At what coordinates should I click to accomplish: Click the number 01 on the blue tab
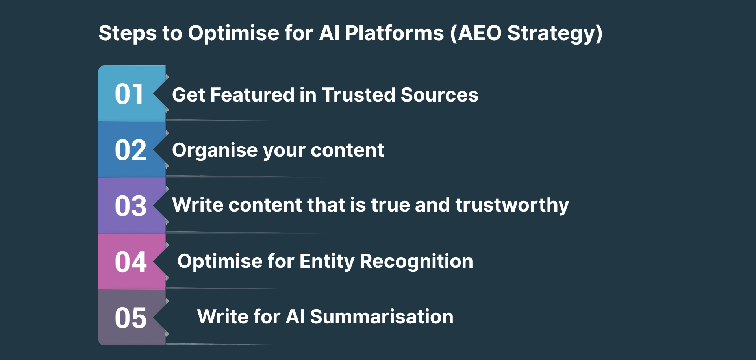coord(129,95)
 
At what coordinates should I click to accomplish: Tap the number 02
coord(131,150)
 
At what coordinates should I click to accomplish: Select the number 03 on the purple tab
coord(131,206)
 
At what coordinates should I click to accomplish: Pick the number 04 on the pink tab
coord(131,262)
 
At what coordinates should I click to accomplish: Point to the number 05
coord(131,318)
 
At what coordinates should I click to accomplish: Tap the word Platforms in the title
coord(395,33)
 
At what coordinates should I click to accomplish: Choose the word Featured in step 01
coord(252,95)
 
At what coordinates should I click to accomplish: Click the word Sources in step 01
coord(439,95)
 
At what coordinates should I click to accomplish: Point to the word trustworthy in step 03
coord(512,205)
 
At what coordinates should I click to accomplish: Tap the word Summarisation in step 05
coord(382,317)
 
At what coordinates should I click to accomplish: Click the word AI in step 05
coord(295,317)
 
